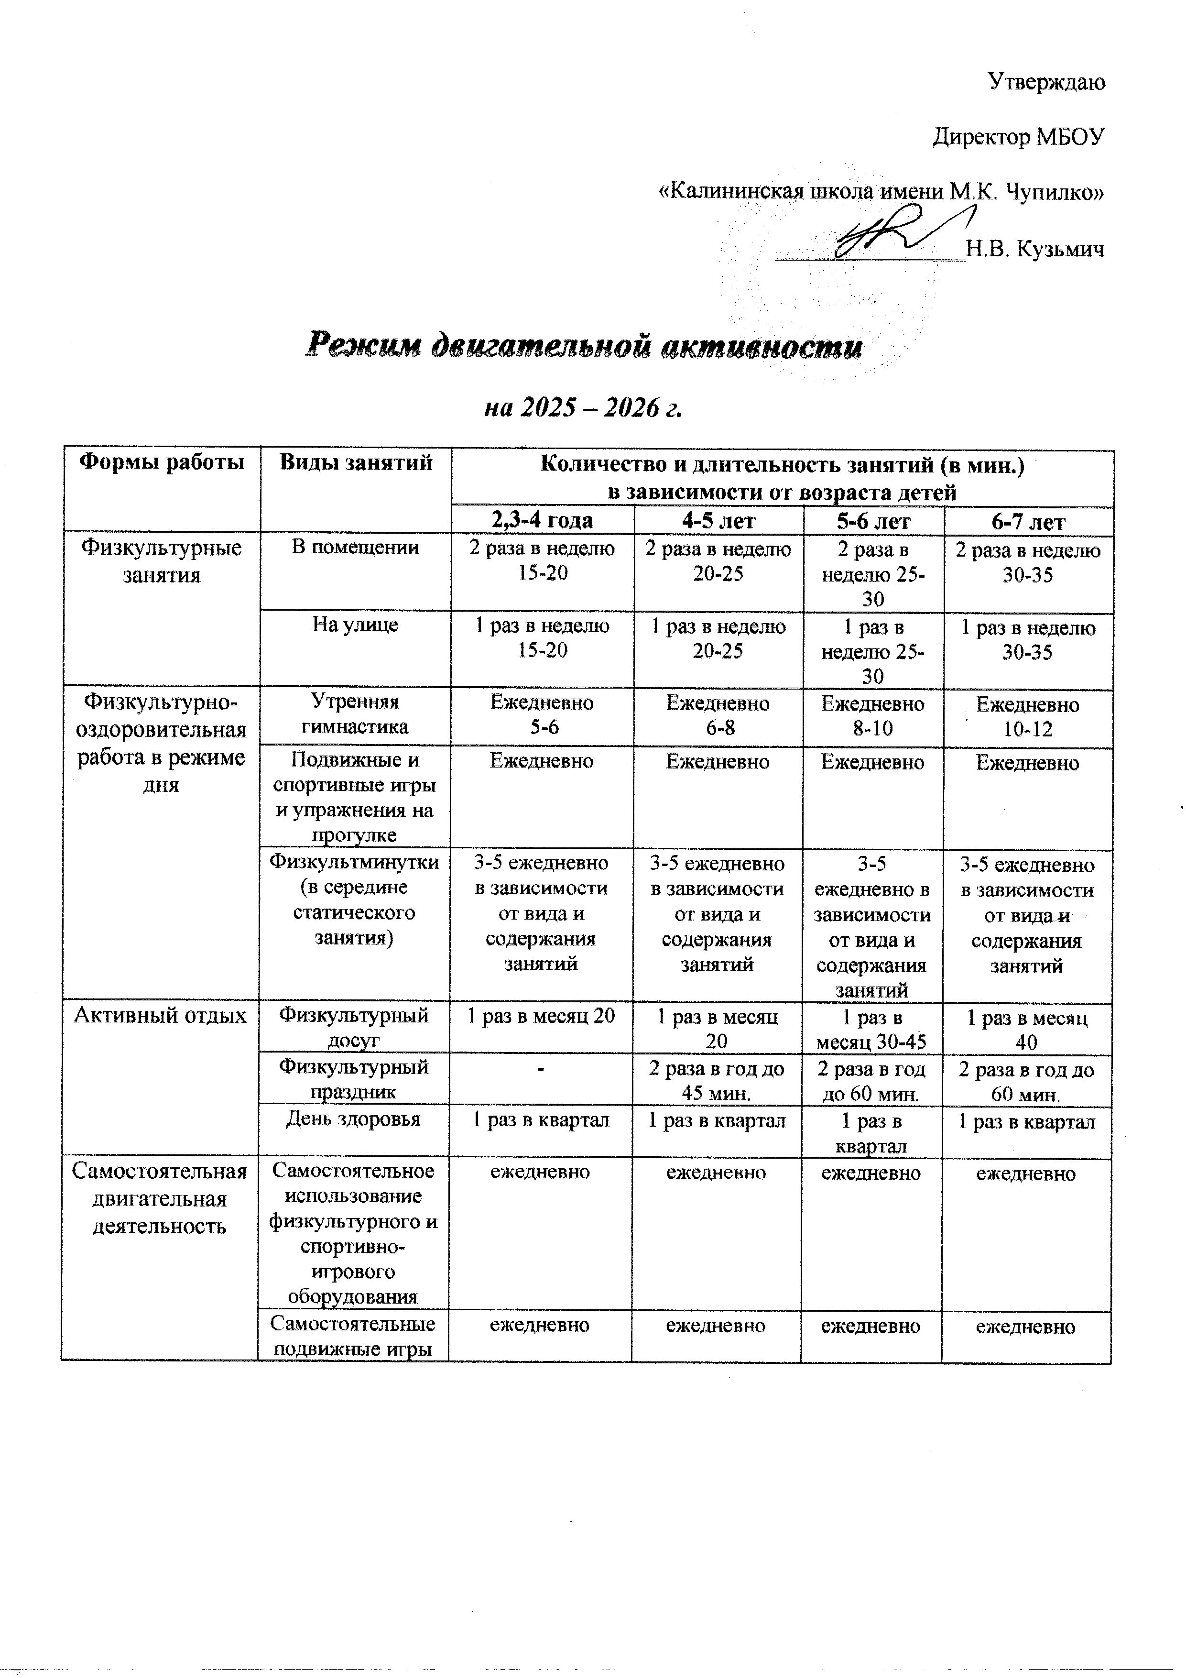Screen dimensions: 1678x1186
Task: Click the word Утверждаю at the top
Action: (1046, 82)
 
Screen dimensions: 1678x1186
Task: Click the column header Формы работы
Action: (162, 462)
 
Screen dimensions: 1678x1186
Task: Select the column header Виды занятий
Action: (356, 462)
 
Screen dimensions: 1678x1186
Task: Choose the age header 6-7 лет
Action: (1027, 522)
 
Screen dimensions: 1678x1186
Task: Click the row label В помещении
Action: (356, 548)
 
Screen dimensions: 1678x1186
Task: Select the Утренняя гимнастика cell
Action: (356, 714)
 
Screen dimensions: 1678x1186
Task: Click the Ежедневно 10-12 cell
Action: (1027, 717)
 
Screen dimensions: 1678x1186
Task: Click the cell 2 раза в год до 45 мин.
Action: (717, 1081)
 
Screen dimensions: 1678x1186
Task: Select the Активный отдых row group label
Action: (160, 1016)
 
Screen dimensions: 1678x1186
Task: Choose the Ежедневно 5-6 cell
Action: (542, 715)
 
